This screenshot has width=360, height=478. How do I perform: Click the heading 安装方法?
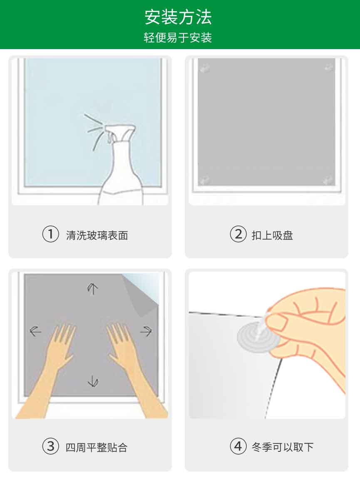coord(178,17)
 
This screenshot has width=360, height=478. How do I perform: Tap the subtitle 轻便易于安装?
coord(178,38)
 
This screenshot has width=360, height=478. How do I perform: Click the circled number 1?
coord(50,234)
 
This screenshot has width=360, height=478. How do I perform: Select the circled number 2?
coord(238,234)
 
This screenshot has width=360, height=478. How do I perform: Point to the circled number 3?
coord(50,446)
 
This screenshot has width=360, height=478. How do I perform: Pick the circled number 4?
coord(238,446)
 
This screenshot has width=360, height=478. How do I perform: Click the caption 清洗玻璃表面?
coord(97,235)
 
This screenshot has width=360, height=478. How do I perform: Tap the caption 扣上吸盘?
coord(272,235)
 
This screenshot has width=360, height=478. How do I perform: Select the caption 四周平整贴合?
coord(97,448)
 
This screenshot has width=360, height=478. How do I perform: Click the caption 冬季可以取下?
coord(283,447)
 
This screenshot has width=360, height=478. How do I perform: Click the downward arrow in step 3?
coord(93,381)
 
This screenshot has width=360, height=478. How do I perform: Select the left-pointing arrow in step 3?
coord(35,331)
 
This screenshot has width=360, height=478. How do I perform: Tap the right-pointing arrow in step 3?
coord(146,331)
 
